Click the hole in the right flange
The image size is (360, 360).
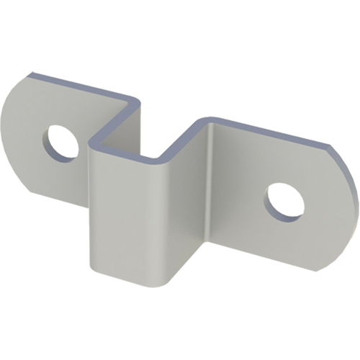(x=284, y=201)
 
